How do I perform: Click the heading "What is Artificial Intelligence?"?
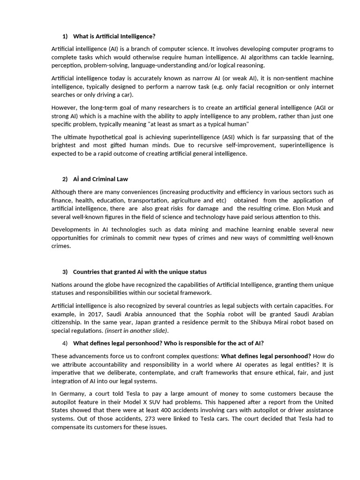click(114, 37)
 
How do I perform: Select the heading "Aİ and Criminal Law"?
click(100, 179)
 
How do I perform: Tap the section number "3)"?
click(65, 272)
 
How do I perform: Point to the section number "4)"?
click(65, 343)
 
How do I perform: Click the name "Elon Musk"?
click(311, 208)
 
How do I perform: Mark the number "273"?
click(149, 419)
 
